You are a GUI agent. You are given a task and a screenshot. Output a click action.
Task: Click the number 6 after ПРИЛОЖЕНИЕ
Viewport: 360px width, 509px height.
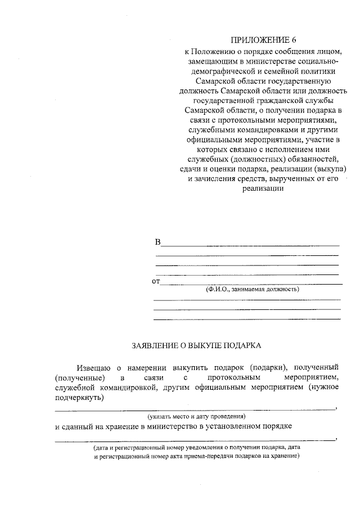point(292,40)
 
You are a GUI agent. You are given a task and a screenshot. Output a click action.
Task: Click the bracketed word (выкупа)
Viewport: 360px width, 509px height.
point(330,169)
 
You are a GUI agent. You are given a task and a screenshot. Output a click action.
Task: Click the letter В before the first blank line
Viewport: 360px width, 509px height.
point(157,242)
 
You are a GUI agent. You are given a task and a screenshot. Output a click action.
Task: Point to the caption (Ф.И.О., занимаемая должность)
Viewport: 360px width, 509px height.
point(252,289)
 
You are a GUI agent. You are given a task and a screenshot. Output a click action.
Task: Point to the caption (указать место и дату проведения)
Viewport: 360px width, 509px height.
point(197,417)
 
